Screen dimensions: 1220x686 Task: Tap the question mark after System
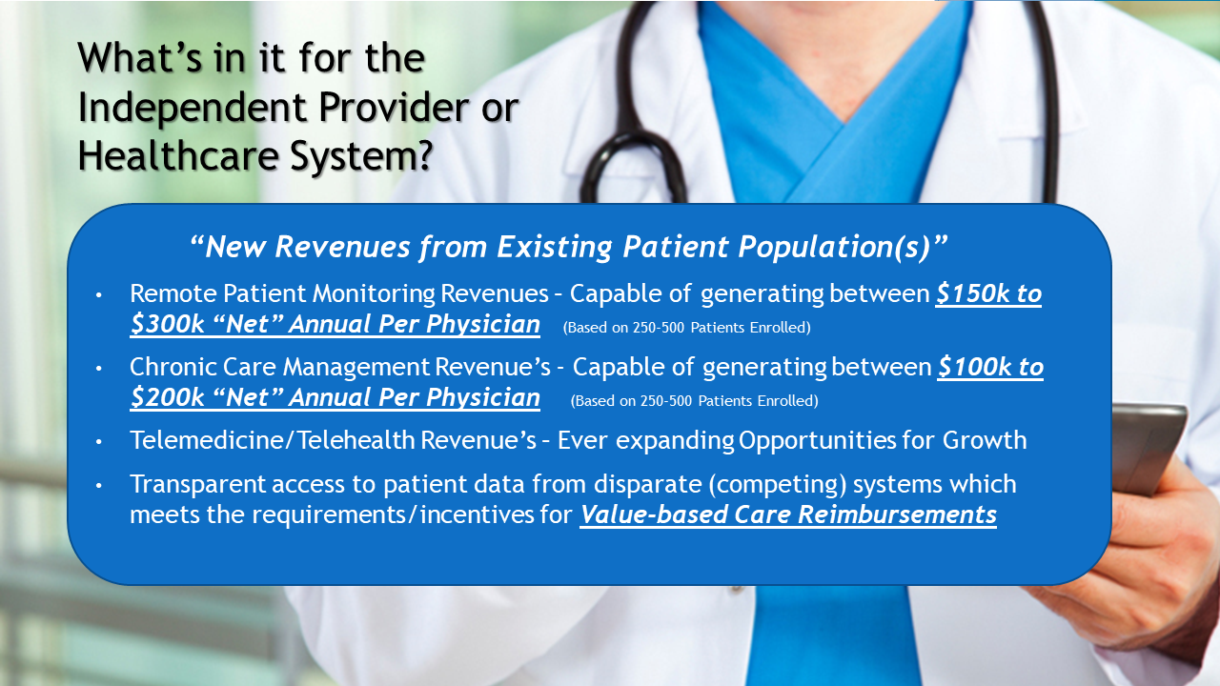(x=422, y=155)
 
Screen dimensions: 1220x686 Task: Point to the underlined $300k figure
(x=167, y=325)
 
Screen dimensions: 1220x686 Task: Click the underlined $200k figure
(x=167, y=398)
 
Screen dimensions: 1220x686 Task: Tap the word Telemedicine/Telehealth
(x=273, y=440)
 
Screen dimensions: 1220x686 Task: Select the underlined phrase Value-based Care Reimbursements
(x=788, y=515)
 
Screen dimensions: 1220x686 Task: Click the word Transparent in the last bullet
(x=197, y=485)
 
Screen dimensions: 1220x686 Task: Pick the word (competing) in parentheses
(x=778, y=485)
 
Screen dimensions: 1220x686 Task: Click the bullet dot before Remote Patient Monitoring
(x=98, y=295)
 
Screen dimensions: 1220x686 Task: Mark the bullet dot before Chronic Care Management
(x=98, y=369)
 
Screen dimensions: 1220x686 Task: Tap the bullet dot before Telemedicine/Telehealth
(x=98, y=442)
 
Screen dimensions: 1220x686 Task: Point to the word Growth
(x=985, y=440)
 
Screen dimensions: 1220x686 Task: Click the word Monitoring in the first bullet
(x=374, y=294)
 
